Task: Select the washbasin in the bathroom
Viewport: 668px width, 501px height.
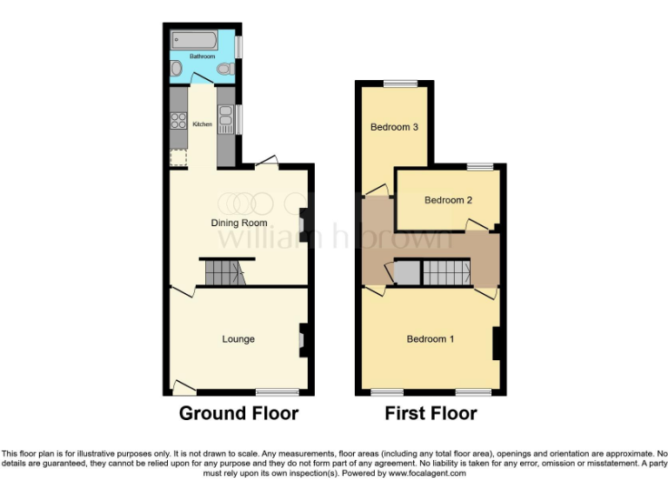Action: pyautogui.click(x=177, y=68)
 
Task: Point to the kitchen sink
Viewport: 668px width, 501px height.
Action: pyautogui.click(x=225, y=117)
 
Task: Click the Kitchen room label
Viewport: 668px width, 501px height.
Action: pyautogui.click(x=203, y=124)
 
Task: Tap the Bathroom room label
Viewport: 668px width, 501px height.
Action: pyautogui.click(x=203, y=56)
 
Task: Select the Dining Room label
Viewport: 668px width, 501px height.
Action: pyautogui.click(x=239, y=224)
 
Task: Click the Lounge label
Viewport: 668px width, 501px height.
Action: pyautogui.click(x=238, y=339)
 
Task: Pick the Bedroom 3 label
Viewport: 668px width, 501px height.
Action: pyautogui.click(x=395, y=127)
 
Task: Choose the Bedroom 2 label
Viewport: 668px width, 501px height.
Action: pyautogui.click(x=449, y=200)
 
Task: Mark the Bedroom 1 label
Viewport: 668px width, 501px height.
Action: pyautogui.click(x=431, y=339)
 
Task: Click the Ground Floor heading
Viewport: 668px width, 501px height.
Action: pyautogui.click(x=238, y=414)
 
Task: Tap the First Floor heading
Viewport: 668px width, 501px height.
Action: pyautogui.click(x=431, y=414)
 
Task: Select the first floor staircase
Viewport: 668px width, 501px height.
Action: pyautogui.click(x=446, y=273)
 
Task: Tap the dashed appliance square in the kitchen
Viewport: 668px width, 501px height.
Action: pyautogui.click(x=179, y=157)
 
